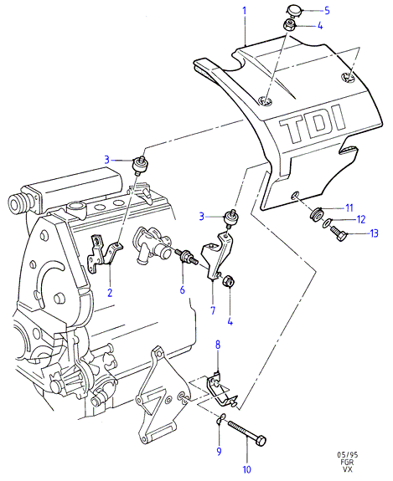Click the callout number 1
245,12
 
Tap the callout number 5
327,11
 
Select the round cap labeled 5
295,10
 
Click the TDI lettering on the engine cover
312,125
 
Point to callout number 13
374,233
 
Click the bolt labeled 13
339,233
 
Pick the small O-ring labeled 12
327,223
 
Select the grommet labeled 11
317,213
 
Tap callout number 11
349,208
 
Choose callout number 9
219,451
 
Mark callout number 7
213,310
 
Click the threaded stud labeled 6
186,257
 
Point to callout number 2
110,293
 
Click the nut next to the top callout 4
289,25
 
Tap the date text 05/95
348,455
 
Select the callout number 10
247,469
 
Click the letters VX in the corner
348,469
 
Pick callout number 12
361,219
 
